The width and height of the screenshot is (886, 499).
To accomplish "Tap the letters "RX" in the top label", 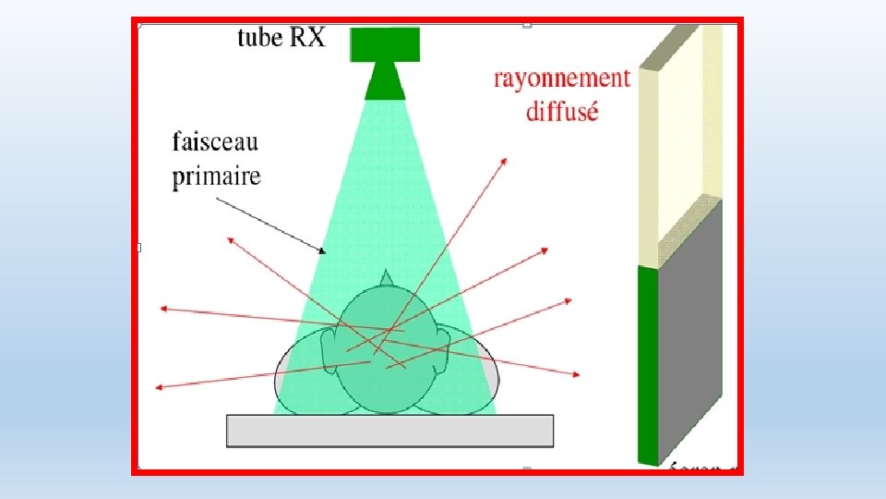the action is [x=307, y=38].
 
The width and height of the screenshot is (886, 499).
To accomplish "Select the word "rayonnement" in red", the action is [x=561, y=78].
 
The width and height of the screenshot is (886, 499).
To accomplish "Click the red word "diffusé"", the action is [x=562, y=112].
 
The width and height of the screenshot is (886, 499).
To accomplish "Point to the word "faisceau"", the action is [x=215, y=143].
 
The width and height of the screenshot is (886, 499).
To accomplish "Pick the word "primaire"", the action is [x=217, y=176].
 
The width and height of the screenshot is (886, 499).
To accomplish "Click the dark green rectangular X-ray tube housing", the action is [x=385, y=44].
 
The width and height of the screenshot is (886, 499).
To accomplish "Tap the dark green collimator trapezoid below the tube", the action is [x=385, y=81].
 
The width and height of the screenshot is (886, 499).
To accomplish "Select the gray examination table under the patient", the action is [x=389, y=431].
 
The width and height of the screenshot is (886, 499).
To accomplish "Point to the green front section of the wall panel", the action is [x=648, y=365].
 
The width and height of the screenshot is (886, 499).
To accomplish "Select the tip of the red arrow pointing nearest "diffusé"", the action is [x=506, y=159].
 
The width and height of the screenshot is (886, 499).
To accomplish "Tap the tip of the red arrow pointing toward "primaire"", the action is [x=229, y=237].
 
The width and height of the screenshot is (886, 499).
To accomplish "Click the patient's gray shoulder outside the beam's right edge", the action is [x=489, y=370].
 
